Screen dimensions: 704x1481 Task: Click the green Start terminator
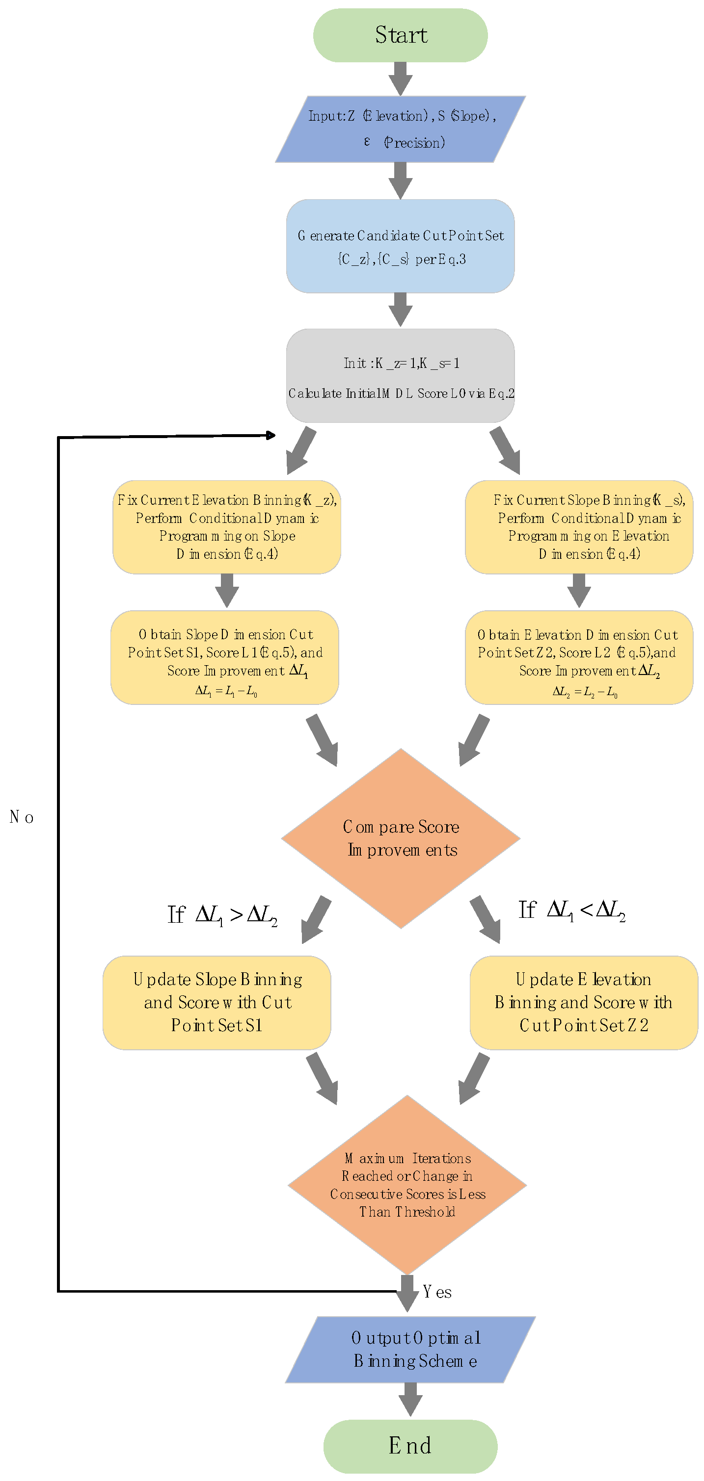(x=400, y=35)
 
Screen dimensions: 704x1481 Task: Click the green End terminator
(x=410, y=1446)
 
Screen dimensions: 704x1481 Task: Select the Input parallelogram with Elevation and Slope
(x=400, y=130)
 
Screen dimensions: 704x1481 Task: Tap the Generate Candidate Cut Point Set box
(x=400, y=246)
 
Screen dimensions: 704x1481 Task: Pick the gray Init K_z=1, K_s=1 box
(x=400, y=376)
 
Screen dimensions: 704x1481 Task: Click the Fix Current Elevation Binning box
(x=227, y=527)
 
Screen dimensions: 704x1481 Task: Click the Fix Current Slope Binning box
(x=579, y=527)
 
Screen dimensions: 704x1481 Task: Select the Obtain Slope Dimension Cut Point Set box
(x=225, y=658)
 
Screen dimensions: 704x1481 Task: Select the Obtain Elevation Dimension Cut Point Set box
(x=579, y=658)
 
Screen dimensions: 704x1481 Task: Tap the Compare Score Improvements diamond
(x=401, y=838)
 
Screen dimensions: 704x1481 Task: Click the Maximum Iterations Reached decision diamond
(x=407, y=1184)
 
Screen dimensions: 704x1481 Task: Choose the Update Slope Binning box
(x=217, y=1003)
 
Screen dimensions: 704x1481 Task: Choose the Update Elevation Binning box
(x=584, y=1003)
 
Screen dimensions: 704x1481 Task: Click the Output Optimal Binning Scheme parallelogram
(x=410, y=1350)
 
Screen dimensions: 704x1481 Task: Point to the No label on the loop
(x=22, y=817)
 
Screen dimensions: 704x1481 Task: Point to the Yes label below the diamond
(x=437, y=1292)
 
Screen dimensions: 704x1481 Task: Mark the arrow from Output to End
(x=410, y=1400)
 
